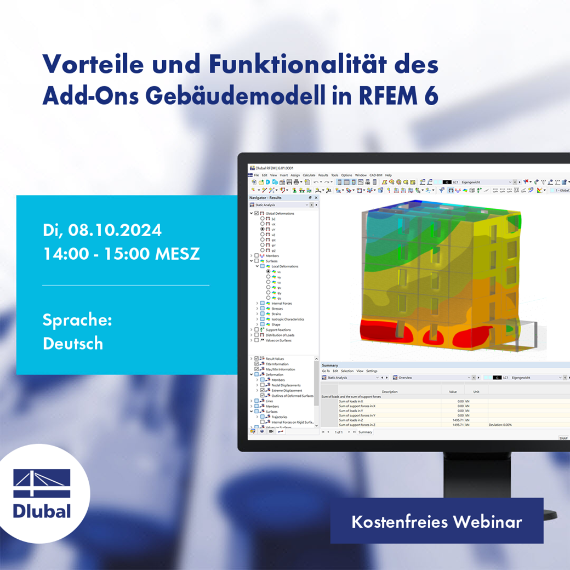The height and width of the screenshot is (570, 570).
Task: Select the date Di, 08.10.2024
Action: [x=102, y=230]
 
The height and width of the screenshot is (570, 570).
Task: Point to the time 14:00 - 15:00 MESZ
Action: [x=121, y=254]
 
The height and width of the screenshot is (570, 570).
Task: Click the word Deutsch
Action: [x=72, y=344]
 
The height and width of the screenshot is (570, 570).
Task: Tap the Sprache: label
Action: [x=77, y=320]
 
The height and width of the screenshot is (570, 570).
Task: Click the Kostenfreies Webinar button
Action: [x=436, y=521]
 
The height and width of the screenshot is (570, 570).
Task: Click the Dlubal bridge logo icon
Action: [x=42, y=484]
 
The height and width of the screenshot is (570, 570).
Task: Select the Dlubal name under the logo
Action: [x=42, y=511]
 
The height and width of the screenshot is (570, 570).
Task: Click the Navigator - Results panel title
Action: [x=265, y=197]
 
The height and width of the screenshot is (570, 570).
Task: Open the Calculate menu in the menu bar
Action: [x=309, y=175]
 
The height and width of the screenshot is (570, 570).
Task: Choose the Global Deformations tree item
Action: [x=280, y=213]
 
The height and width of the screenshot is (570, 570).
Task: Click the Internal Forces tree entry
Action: [x=282, y=303]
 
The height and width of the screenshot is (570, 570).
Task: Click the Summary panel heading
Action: [x=330, y=365]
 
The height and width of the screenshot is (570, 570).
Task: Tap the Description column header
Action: [x=390, y=391]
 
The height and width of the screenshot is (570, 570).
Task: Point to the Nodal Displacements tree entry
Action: [x=286, y=385]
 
